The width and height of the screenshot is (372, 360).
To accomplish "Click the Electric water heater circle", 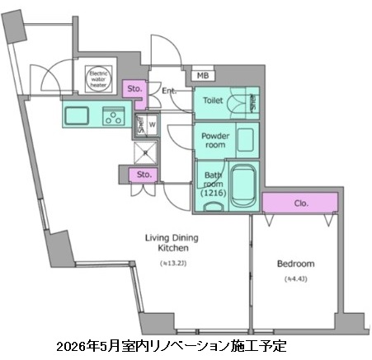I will coord(100,77).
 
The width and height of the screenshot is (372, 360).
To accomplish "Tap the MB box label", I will coord(203,77).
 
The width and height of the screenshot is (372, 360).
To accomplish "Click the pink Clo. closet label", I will coord(300,202).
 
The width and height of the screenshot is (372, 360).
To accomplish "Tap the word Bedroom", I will coord(294,264).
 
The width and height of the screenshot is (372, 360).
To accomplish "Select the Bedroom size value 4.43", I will coord(295,279).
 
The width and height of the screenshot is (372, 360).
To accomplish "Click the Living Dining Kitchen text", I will coord(172,242).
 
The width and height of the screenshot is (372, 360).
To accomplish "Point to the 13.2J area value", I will coord(172,264).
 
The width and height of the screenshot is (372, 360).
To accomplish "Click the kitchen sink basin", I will coord(79,115).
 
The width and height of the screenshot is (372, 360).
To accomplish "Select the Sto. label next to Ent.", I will coord(134,89).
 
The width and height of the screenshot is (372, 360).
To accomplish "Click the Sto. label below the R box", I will coord(144,175).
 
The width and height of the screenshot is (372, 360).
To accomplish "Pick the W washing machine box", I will coord(152,124).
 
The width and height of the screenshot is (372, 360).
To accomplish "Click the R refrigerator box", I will coord(146,152).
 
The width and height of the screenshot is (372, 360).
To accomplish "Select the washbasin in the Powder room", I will coord(245,138).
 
